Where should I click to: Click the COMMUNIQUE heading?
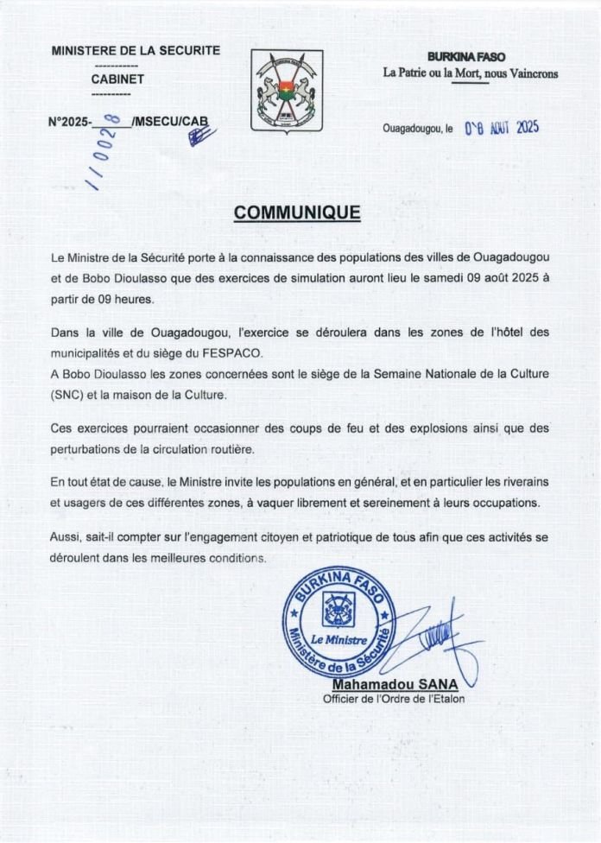pos(298,213)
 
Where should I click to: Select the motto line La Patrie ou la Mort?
pos(471,73)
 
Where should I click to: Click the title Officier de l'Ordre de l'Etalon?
pos(393,699)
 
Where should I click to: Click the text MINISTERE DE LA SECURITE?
pos(136,51)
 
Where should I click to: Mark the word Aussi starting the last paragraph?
pos(66,537)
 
